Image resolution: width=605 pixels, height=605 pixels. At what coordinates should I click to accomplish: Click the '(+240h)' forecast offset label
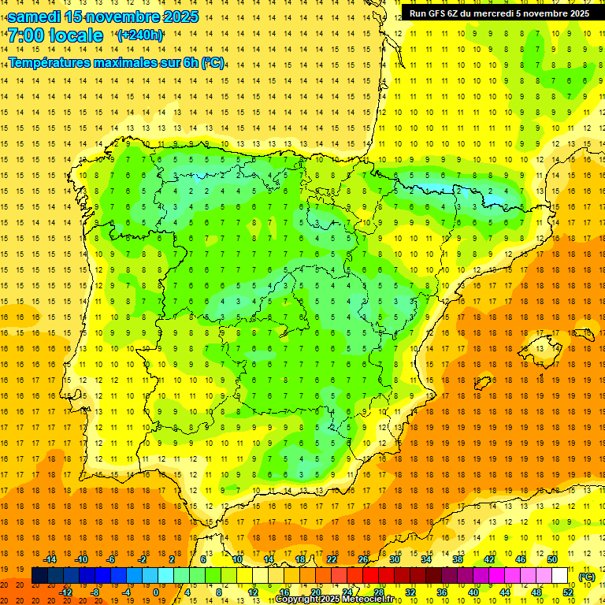[x=139, y=35]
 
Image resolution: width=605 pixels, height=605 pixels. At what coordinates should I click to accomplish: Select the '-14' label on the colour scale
[x=50, y=559]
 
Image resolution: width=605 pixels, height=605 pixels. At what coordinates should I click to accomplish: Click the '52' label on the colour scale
[x=568, y=592]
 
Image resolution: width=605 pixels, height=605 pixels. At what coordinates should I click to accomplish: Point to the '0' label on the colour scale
[x=156, y=592]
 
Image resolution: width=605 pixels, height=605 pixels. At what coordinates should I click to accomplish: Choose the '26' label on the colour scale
[x=363, y=559]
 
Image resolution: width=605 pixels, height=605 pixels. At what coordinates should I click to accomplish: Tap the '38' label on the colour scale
[x=457, y=559]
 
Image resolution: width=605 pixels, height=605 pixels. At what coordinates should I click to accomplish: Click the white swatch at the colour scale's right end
[x=560, y=576]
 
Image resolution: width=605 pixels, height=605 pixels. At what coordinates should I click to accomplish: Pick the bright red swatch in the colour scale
[x=371, y=576]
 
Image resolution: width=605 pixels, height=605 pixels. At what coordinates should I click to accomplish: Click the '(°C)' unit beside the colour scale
[x=587, y=577]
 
